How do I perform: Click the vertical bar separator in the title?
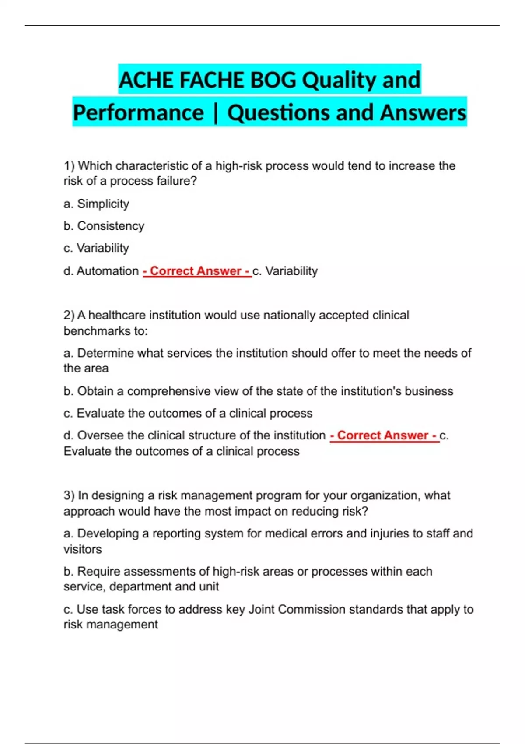point(215,113)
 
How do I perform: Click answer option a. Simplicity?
point(96,204)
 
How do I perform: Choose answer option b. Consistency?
point(104,226)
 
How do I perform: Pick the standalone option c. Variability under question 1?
point(96,248)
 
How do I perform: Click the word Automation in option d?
point(108,271)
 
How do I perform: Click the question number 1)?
point(69,166)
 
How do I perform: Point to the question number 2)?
point(69,315)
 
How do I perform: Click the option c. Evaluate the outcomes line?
point(188,413)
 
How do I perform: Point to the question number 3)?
point(69,495)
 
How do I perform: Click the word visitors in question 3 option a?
point(83,549)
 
